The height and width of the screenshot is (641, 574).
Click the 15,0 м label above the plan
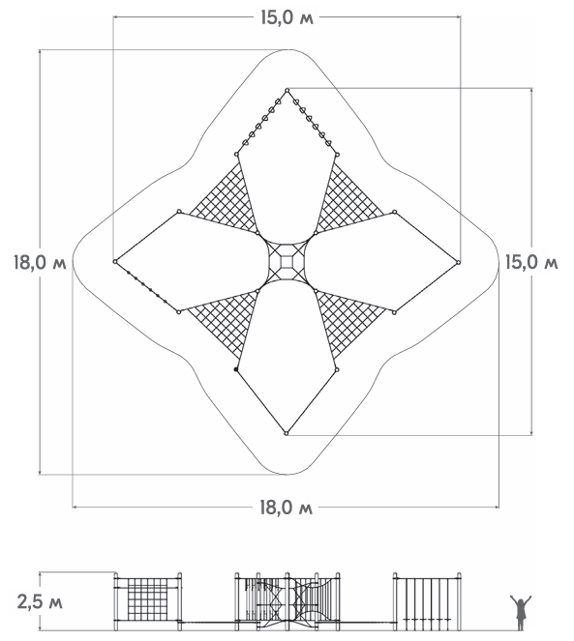287,18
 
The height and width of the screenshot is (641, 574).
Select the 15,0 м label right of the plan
531,262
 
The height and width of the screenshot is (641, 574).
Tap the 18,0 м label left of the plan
40,262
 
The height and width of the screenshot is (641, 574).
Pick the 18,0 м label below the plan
287,508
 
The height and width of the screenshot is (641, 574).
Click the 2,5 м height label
40,601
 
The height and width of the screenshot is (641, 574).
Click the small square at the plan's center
287,262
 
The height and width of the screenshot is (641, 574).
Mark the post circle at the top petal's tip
287,90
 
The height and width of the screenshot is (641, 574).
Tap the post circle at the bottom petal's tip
287,433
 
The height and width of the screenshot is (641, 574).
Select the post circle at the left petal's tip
115,262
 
